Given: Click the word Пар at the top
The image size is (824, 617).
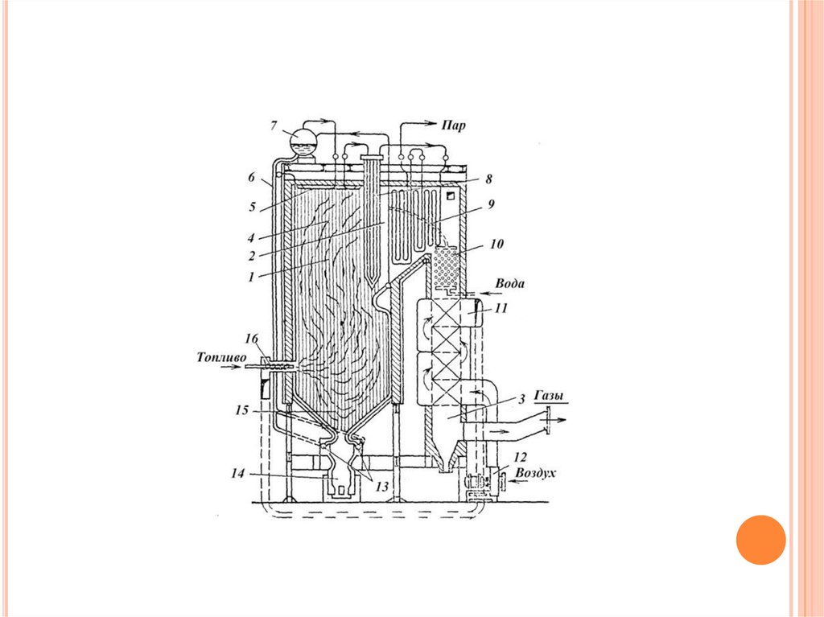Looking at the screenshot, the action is pos(452,126).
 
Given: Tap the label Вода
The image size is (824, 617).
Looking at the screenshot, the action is pos(509,284).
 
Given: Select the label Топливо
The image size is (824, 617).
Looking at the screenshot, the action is pos(221,357).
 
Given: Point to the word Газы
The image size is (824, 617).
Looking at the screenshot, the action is pos(551,396).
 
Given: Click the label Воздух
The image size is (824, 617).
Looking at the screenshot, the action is pos(535,473).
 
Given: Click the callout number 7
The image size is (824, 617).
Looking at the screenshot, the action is pos(274,126).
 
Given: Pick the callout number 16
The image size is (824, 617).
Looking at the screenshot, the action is pos(253,337).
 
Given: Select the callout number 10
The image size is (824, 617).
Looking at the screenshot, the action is pos(496,244).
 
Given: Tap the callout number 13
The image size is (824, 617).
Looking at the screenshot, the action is pos(382,487).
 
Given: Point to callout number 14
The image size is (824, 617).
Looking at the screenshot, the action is pos(238,474).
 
